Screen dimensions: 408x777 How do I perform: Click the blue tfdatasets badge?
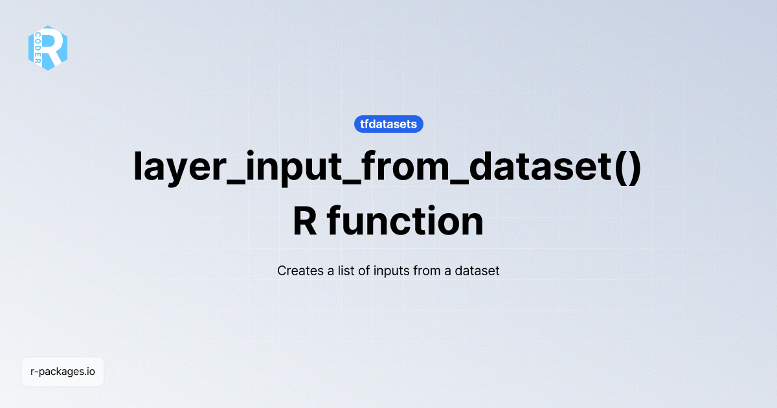[x=388, y=124]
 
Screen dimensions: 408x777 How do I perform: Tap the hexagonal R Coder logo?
[x=48, y=47]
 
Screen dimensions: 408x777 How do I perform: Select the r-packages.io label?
[x=63, y=372]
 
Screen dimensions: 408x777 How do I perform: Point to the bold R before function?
[x=305, y=221]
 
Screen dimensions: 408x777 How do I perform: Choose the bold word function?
[x=405, y=221]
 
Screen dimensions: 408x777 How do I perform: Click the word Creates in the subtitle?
[x=298, y=271]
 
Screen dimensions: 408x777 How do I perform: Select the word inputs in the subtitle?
[x=390, y=271]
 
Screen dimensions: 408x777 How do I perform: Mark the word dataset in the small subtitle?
[x=477, y=271]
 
